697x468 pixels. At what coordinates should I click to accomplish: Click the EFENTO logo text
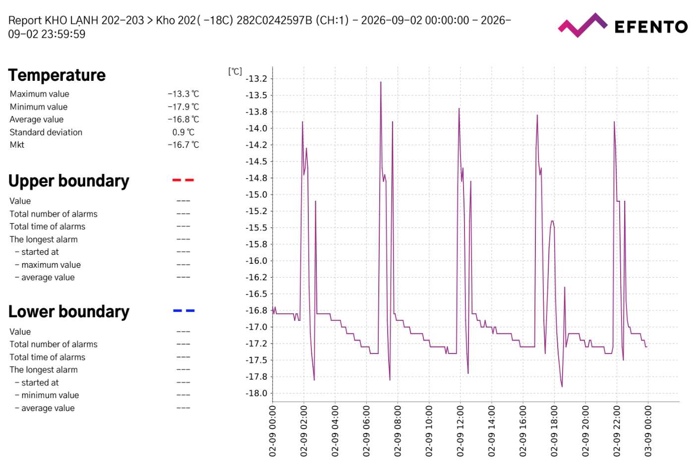coord(651,27)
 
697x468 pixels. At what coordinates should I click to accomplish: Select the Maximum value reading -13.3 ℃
coord(183,94)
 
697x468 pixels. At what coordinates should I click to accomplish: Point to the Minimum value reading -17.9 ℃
coord(183,107)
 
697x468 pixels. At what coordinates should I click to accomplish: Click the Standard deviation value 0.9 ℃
coord(183,132)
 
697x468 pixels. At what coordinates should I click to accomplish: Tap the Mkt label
coord(17,145)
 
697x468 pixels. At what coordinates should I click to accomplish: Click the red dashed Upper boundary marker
coord(183,180)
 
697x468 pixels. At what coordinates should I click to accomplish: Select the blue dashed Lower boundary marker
coord(183,310)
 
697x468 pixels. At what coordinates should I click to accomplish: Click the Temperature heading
coord(57,75)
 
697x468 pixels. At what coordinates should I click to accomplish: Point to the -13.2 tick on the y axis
coord(256,79)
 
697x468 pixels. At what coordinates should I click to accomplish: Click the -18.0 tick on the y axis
coord(256,393)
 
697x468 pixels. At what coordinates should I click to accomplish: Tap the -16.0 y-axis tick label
coord(256,261)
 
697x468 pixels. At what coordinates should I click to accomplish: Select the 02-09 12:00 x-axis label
coord(460,431)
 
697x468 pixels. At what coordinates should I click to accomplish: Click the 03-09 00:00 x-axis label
coord(648,431)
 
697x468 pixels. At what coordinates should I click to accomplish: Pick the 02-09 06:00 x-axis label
coord(366,431)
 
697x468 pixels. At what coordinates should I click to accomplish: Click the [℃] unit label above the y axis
coord(235,71)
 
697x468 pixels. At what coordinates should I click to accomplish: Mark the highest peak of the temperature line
coord(381,82)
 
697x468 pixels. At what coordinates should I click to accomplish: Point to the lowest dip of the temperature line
coord(562,387)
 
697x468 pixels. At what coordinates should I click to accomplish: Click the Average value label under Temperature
coord(36,119)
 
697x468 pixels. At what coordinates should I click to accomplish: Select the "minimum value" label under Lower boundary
coord(50,395)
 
